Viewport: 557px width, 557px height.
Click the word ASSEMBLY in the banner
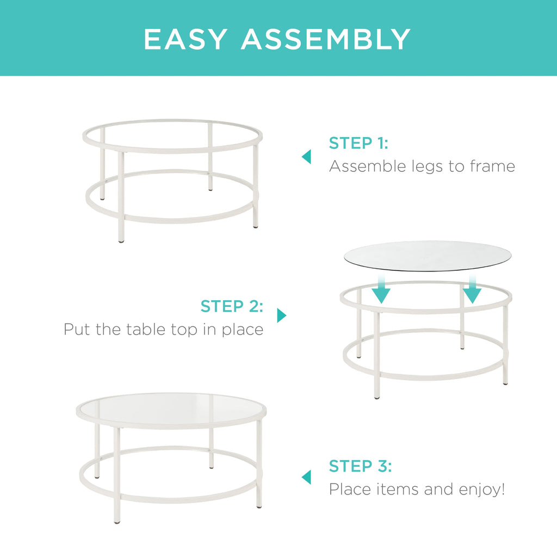pyautogui.click(x=326, y=39)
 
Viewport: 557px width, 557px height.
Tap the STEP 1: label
pyautogui.click(x=358, y=144)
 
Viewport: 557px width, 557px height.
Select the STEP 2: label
pyautogui.click(x=232, y=306)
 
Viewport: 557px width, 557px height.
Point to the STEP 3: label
pyautogui.click(x=360, y=466)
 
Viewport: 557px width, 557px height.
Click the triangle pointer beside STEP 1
pyautogui.click(x=307, y=157)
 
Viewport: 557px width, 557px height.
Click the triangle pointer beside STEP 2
pyautogui.click(x=281, y=315)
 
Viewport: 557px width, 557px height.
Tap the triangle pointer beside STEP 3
pyautogui.click(x=307, y=477)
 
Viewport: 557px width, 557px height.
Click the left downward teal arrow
pyautogui.click(x=381, y=290)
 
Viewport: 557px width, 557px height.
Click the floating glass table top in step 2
pyautogui.click(x=428, y=255)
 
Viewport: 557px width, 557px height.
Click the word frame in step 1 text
pyautogui.click(x=492, y=166)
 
